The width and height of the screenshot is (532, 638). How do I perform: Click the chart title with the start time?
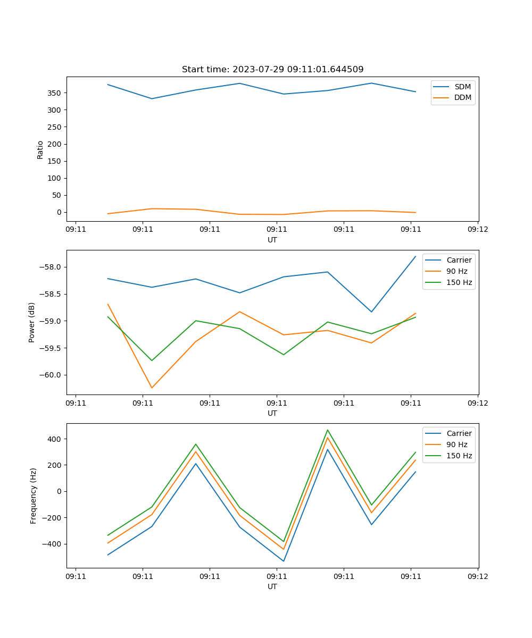pyautogui.click(x=272, y=70)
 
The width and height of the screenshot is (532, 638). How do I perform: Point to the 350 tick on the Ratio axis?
pyautogui.click(x=56, y=93)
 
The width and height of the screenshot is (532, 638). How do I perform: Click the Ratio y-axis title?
pyautogui.click(x=40, y=149)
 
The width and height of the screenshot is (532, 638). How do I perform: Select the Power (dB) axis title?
pyautogui.click(x=32, y=322)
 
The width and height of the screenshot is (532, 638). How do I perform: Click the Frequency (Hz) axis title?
pyautogui.click(x=33, y=496)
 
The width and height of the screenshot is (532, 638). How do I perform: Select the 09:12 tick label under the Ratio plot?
pyautogui.click(x=477, y=230)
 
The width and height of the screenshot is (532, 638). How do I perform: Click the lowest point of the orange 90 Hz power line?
pyautogui.click(x=152, y=388)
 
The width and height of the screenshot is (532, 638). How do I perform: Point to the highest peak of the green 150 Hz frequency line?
pyautogui.click(x=328, y=430)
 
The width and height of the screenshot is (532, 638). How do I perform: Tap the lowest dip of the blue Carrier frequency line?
pyautogui.click(x=284, y=561)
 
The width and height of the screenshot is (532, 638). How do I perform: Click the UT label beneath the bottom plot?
pyautogui.click(x=272, y=586)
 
